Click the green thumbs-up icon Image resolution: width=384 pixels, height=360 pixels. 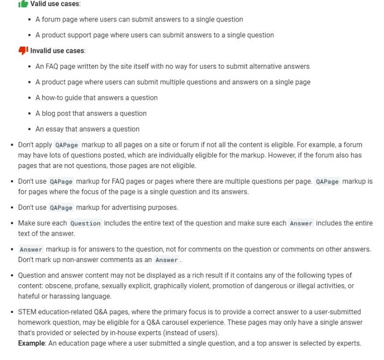pos(23,4)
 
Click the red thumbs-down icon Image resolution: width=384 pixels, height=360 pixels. pos(23,50)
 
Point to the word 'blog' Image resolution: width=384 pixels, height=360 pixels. pos(49,113)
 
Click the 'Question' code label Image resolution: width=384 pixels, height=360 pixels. pos(85,223)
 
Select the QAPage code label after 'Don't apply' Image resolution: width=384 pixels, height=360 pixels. pos(66,145)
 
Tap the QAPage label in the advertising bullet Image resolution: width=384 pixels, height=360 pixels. pos(61,208)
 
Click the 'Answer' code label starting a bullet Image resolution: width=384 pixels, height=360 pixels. pos(31,250)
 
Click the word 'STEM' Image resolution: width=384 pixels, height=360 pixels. pos(27,312)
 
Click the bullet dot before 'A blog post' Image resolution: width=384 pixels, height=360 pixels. pos(30,113)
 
